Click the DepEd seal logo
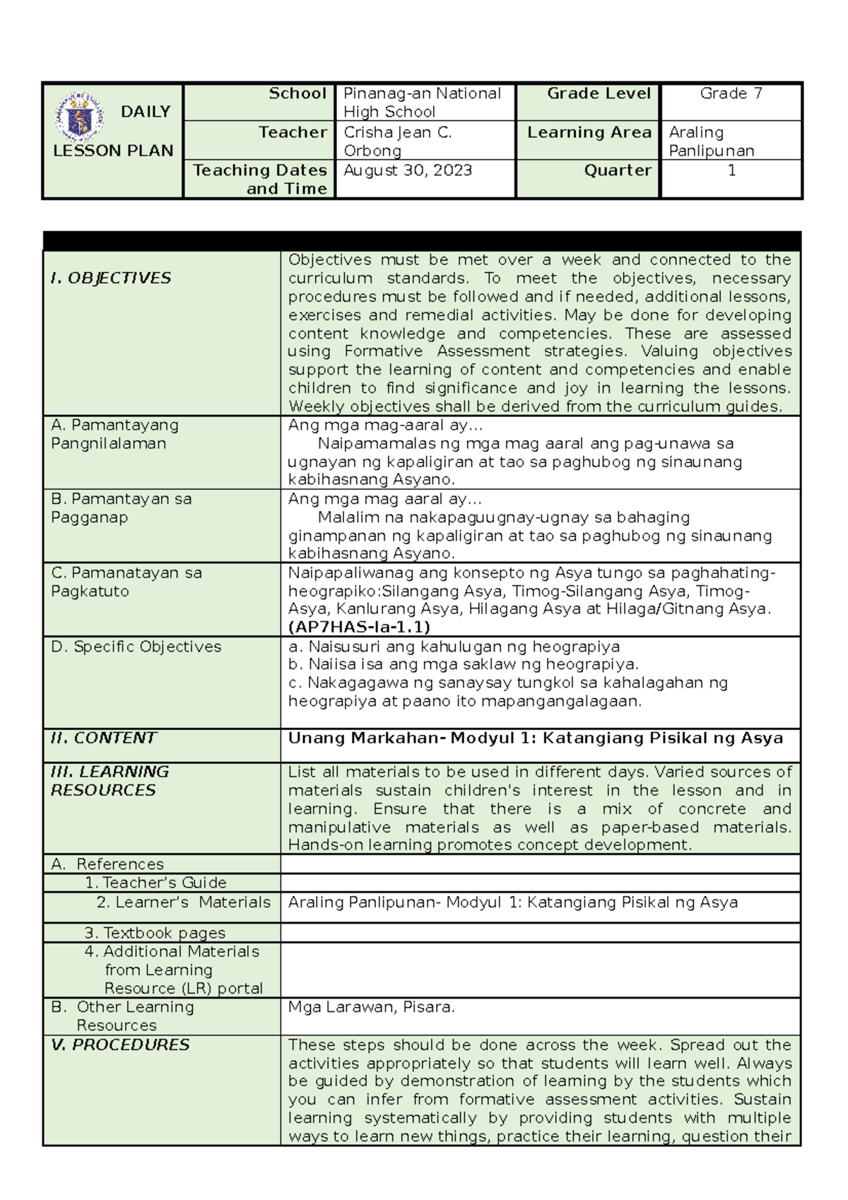point(80,117)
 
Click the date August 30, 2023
point(408,170)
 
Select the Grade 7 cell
point(731,93)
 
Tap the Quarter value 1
point(731,170)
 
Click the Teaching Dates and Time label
point(260,180)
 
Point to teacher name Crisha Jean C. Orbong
point(397,141)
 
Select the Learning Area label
point(589,132)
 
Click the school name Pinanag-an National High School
point(421,102)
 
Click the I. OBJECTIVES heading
point(111,278)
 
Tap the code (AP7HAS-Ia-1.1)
point(359,628)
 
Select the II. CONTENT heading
point(103,738)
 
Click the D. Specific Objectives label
point(136,647)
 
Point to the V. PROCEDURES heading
point(120,1045)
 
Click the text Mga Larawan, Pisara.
point(371,1007)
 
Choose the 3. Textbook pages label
point(155,933)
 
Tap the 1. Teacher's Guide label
point(155,883)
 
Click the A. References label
point(107,864)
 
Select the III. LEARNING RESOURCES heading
point(110,781)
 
